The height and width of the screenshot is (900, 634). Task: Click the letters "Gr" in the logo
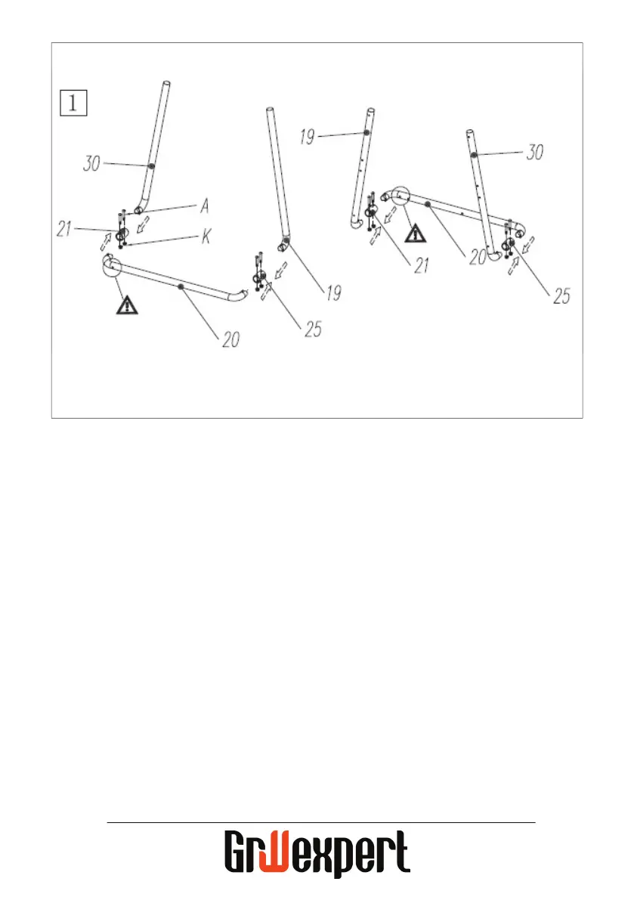tap(242, 852)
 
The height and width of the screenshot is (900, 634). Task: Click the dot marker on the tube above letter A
tap(152, 166)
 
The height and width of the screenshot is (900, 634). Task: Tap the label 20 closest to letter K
tap(230, 339)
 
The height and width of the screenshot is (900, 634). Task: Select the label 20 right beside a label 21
tap(476, 257)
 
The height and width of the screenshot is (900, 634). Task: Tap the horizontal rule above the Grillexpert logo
tap(320, 822)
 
